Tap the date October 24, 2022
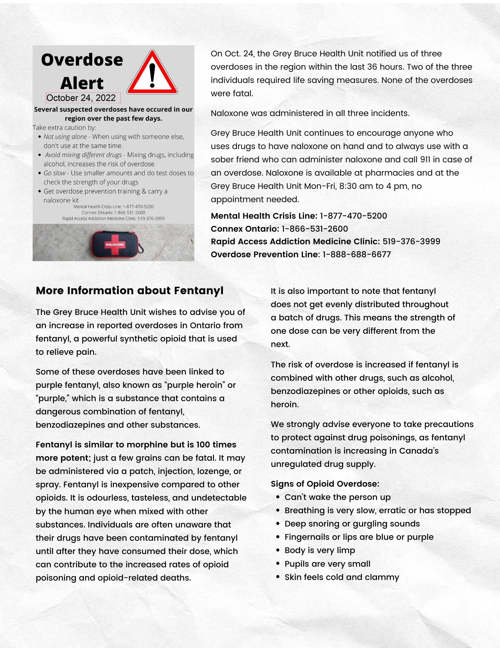(81, 98)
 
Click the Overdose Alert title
(82, 71)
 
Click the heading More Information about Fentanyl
(129, 290)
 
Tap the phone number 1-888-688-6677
(357, 255)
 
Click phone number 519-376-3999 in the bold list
(411, 242)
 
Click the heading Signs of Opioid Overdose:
(325, 484)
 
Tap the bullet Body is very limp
(320, 550)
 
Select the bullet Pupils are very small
(327, 564)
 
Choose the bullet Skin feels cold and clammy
(342, 577)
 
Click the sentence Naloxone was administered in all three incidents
(310, 113)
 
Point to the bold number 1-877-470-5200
(353, 216)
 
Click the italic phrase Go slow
(54, 173)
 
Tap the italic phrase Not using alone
(65, 137)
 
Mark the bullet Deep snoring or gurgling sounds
(352, 524)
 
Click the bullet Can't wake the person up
(338, 497)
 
